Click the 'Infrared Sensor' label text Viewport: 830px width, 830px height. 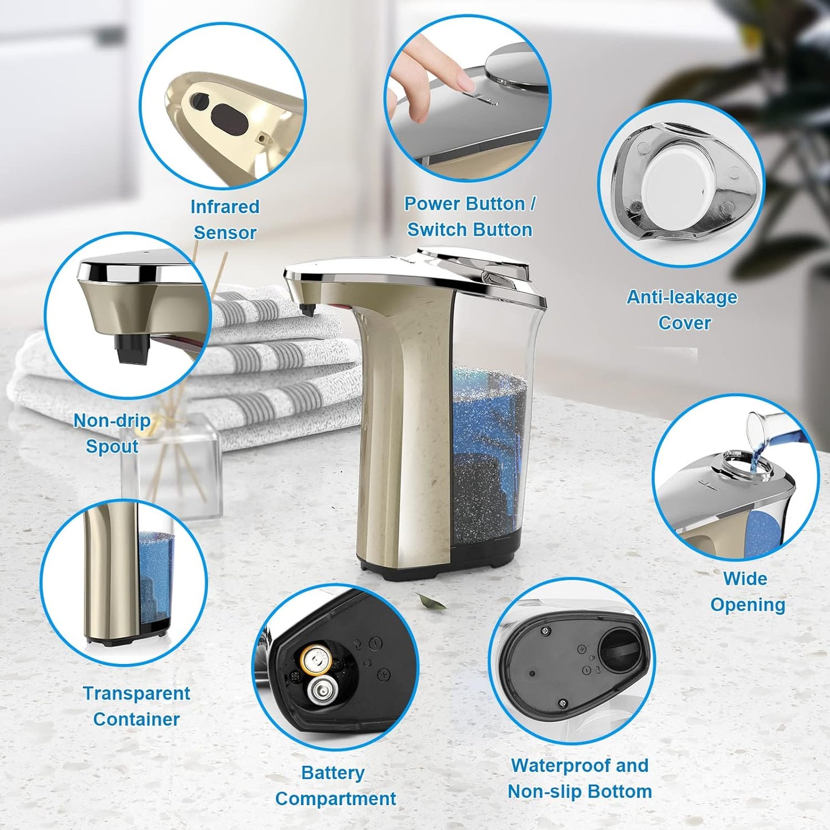pos(225,219)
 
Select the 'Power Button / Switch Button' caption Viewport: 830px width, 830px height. pos(469,217)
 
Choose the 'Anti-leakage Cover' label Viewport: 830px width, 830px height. pos(682,310)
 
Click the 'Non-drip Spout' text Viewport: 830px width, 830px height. pos(112,434)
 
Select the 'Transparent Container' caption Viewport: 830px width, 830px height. pos(136,706)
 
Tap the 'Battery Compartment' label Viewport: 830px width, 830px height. pos(335,785)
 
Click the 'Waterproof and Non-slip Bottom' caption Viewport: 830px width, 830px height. pos(580,778)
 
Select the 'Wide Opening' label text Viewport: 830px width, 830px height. pos(747,591)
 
